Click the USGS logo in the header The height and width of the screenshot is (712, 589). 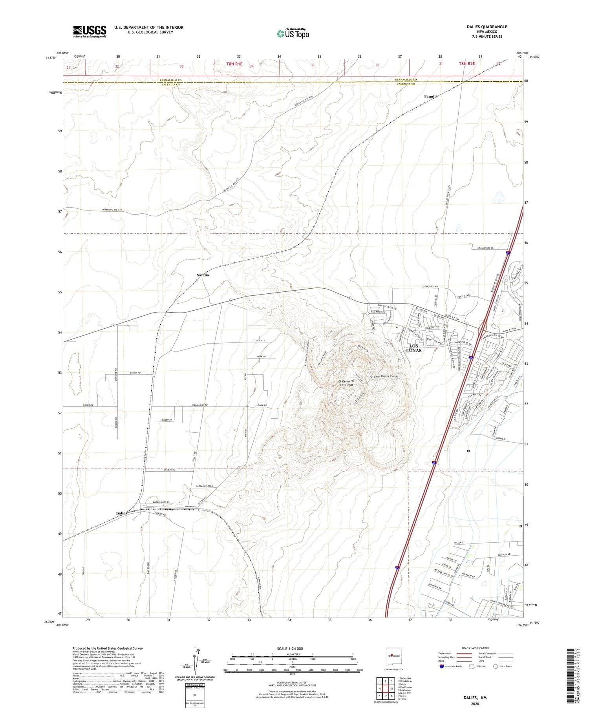[90, 31]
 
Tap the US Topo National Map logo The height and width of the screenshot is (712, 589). [293, 34]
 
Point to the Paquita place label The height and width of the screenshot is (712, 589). [431, 96]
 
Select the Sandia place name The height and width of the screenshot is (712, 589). [203, 275]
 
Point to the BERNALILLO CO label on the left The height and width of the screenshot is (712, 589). [170, 80]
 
